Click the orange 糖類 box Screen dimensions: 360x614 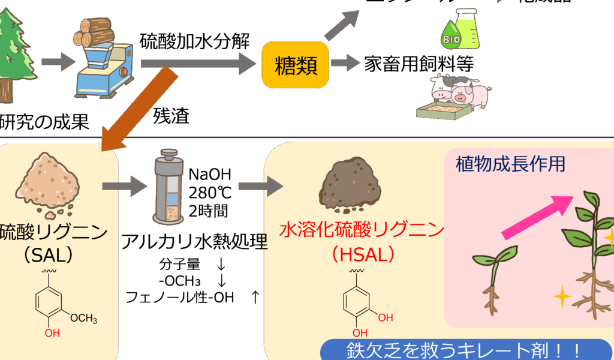click(296, 64)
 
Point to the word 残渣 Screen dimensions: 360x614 click(171, 115)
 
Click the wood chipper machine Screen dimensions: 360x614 click(102, 60)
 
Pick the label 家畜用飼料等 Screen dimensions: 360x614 click(419, 64)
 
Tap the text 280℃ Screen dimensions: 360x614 click(209, 193)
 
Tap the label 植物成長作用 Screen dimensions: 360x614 click(510, 163)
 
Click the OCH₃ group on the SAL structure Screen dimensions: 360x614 click(83, 319)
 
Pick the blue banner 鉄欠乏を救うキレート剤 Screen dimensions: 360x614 click(462, 350)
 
